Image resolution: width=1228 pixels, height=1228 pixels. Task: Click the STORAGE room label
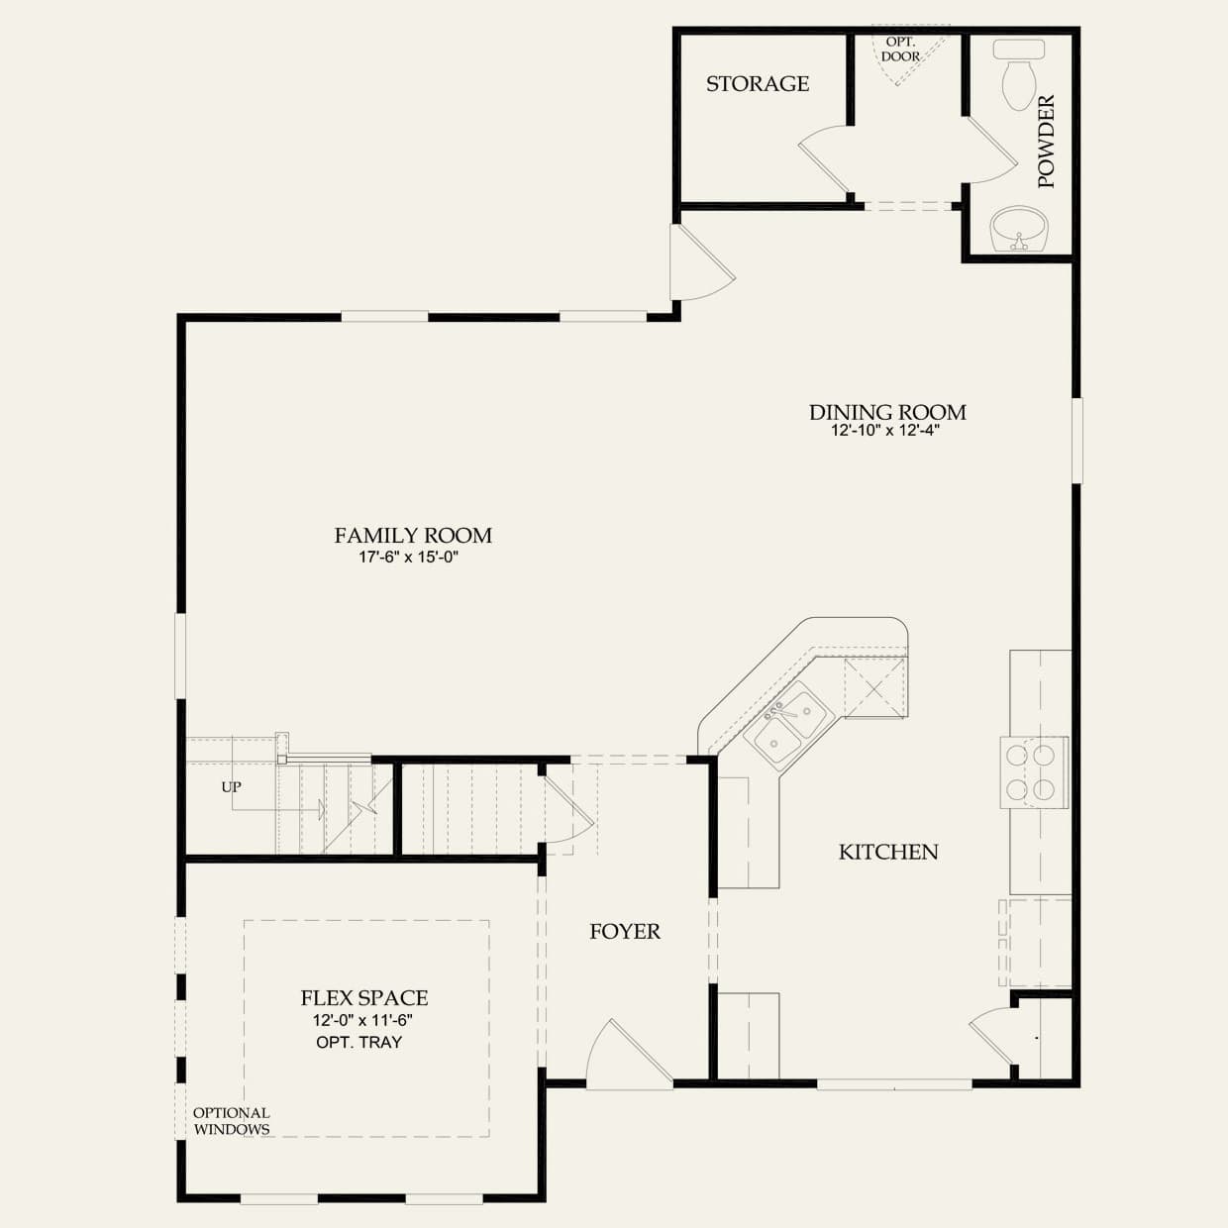(758, 83)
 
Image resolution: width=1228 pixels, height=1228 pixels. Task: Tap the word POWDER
(1047, 141)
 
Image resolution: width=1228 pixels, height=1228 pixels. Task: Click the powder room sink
(1019, 228)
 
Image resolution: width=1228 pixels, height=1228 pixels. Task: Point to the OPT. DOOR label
(900, 50)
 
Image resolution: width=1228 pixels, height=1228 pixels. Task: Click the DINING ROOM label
(887, 412)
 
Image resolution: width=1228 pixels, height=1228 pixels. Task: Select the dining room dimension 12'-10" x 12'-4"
(885, 431)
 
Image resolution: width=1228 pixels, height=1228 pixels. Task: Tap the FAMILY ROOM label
(413, 536)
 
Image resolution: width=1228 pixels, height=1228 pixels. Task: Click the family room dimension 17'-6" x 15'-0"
(408, 557)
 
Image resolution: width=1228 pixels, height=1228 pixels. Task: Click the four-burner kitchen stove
(1034, 772)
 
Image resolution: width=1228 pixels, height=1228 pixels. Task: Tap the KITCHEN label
(888, 852)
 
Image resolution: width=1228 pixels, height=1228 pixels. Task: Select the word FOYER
(625, 932)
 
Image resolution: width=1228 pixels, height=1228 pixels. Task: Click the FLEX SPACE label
(363, 998)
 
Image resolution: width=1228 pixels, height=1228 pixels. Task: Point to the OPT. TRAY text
(358, 1043)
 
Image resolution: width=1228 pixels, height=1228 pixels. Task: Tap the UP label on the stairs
(231, 787)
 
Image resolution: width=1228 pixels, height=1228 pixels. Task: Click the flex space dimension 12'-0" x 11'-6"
(362, 1021)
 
